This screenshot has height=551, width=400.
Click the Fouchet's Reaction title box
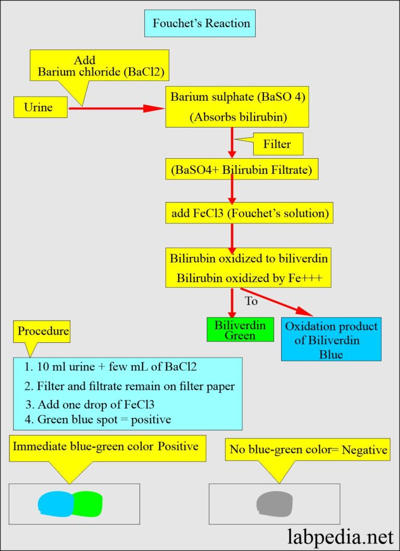tap(200, 24)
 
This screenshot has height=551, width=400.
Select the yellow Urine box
tap(41, 108)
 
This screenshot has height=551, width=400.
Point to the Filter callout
tap(278, 144)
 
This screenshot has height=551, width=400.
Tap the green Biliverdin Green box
tap(240, 330)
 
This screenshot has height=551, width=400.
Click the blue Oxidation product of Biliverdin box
tap(331, 339)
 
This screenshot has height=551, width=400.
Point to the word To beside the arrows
tap(252, 301)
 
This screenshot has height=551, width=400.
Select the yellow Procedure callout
tap(43, 331)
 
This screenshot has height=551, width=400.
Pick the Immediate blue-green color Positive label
tap(105, 446)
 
